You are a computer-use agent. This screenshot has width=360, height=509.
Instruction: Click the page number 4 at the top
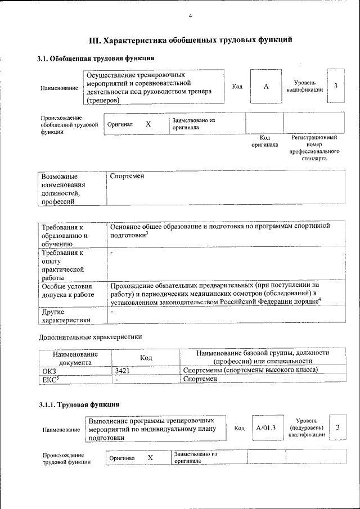(190, 15)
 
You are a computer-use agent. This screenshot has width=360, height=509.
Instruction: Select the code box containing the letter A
(266, 86)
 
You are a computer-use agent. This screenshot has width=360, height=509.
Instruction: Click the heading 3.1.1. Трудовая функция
(79, 404)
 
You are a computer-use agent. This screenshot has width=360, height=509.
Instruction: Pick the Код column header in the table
(146, 357)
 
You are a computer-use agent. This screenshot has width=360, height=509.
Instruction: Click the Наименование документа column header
(75, 358)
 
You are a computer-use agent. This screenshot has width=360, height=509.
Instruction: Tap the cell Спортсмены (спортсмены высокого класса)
(251, 370)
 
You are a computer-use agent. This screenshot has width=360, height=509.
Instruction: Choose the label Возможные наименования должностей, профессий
(64, 189)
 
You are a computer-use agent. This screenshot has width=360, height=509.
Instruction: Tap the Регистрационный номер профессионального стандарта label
(314, 148)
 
